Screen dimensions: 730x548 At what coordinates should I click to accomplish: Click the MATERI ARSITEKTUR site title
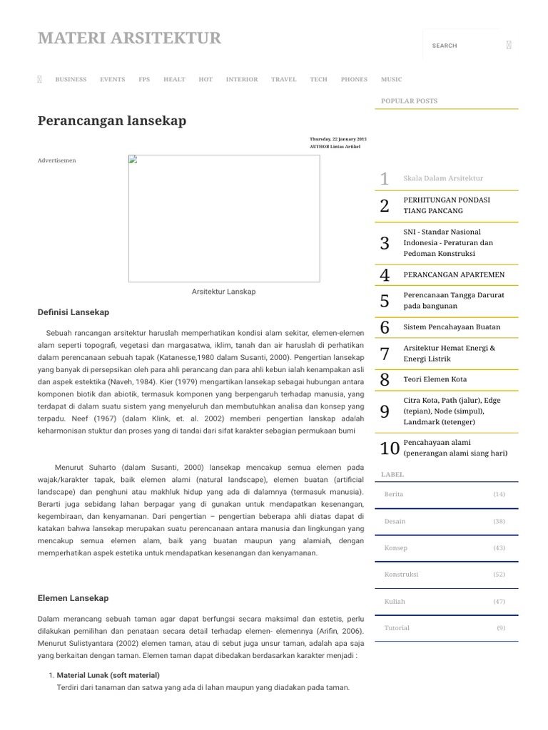(129, 38)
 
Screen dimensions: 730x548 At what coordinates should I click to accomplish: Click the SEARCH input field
(460, 46)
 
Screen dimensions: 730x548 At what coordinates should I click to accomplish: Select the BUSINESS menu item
(71, 79)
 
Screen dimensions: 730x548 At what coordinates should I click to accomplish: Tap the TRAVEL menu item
(283, 79)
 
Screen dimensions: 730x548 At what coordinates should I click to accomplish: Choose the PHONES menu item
(354, 79)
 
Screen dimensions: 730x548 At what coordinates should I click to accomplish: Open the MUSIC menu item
(391, 79)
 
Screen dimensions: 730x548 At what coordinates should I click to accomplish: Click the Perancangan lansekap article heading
(112, 120)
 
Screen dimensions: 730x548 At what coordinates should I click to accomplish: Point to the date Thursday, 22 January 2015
(338, 138)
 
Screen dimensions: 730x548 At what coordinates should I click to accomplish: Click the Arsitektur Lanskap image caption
(223, 292)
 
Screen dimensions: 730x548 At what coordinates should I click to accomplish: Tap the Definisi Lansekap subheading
(73, 312)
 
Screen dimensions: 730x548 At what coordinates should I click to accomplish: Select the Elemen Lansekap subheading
(73, 598)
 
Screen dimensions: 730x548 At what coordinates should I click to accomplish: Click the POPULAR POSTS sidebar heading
(409, 101)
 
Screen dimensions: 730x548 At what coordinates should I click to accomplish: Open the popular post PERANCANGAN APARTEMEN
(453, 274)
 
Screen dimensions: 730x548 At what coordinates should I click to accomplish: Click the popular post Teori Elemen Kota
(435, 379)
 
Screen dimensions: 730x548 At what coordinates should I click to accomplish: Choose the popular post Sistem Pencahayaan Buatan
(452, 327)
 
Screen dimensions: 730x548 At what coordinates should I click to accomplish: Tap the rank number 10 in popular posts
(389, 448)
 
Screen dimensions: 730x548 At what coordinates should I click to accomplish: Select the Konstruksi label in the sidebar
(401, 575)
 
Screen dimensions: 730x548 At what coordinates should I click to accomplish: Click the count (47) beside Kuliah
(499, 601)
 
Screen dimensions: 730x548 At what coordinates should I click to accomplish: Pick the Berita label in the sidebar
(394, 494)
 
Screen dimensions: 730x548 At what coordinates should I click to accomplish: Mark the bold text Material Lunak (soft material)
(108, 674)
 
